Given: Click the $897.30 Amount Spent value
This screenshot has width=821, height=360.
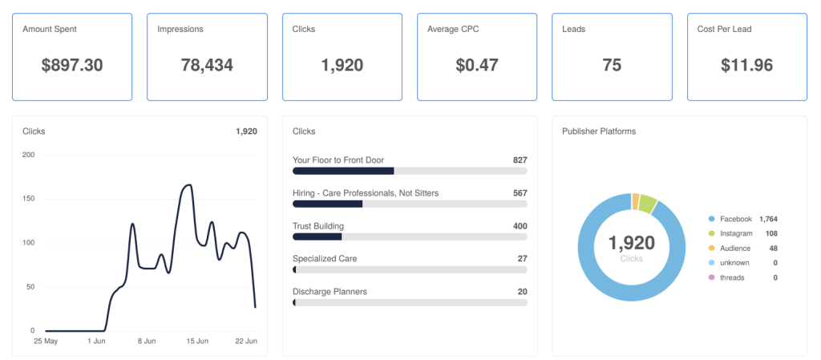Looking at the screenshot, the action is (72, 66).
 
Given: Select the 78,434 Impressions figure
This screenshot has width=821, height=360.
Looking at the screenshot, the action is (208, 66).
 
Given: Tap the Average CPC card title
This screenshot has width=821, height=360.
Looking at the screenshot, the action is (453, 30).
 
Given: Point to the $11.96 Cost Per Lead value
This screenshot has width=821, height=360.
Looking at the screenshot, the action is (747, 66).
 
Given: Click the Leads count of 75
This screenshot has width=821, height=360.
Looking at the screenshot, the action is (612, 66).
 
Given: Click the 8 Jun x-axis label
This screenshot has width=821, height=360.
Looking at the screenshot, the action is (147, 342).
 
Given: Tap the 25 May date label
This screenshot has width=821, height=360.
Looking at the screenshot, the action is (46, 342).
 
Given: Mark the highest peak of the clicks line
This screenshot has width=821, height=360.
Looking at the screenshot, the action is (188, 184).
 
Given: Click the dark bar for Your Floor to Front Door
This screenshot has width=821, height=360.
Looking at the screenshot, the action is (343, 171).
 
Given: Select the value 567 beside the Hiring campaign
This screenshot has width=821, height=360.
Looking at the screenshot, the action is (520, 193).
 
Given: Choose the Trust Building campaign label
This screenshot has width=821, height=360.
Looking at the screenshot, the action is (318, 226).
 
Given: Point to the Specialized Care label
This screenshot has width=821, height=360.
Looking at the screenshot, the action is (325, 258).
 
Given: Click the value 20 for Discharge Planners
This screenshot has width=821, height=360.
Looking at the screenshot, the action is (522, 292).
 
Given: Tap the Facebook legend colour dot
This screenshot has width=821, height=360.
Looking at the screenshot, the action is (711, 219).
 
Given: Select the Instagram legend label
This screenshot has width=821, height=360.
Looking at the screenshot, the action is (736, 233).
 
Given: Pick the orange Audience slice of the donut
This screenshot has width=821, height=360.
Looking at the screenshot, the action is (636, 201).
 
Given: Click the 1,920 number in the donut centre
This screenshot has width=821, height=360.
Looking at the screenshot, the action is (632, 243).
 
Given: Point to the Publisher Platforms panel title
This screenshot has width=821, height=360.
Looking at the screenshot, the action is (598, 131).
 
